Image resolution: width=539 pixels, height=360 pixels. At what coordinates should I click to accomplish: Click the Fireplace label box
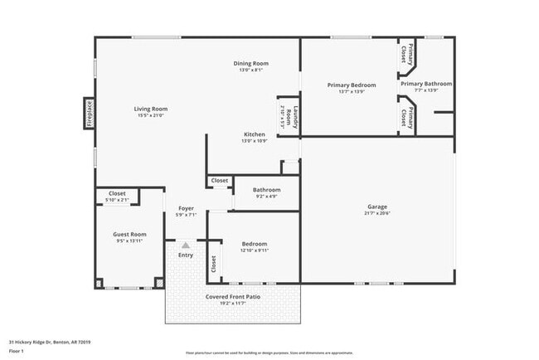89,114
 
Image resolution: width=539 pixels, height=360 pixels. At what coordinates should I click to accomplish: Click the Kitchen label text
254,134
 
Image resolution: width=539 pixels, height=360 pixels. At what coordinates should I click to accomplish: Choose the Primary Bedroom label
351,85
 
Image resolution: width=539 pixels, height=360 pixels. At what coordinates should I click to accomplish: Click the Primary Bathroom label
426,84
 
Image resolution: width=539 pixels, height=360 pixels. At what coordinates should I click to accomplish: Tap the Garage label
377,207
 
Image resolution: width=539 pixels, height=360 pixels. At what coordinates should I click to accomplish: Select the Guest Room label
129,235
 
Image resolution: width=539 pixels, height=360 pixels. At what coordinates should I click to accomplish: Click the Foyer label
186,208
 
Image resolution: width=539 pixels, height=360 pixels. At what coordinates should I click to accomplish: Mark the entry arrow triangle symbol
186,246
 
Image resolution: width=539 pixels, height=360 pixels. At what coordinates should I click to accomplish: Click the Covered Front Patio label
232,297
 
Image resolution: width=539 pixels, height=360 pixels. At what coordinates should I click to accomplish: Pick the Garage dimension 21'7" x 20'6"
377,213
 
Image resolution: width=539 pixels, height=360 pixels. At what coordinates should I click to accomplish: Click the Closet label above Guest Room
117,193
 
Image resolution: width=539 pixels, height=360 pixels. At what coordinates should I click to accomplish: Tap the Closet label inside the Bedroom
213,264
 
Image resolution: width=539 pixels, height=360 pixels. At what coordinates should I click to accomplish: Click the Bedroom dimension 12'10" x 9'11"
254,251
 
